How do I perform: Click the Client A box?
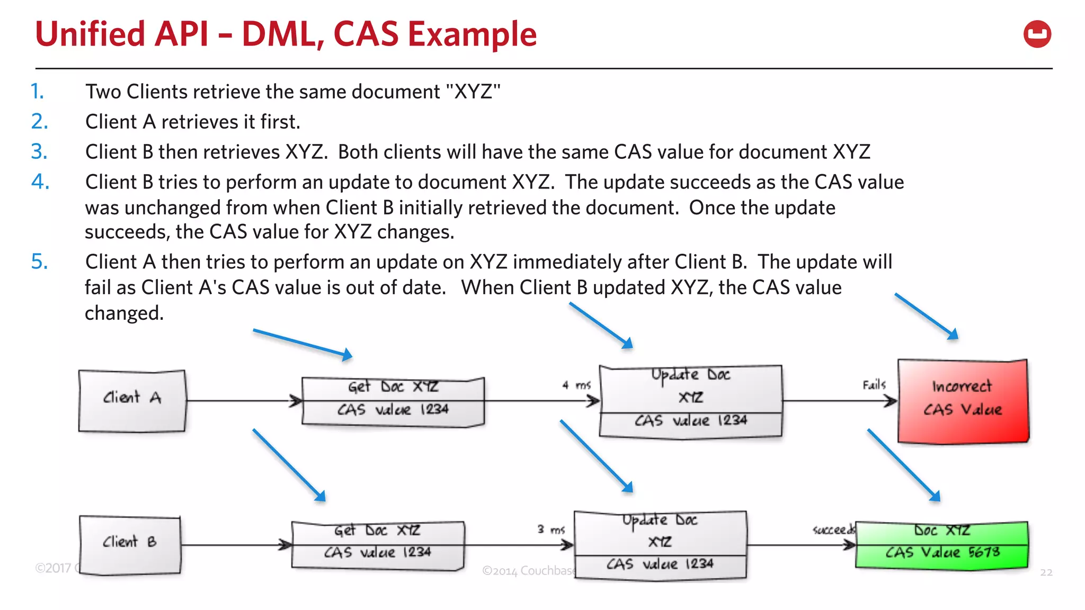[132, 401]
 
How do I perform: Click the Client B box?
[130, 545]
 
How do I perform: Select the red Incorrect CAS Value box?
[963, 401]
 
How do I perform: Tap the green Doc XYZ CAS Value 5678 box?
[941, 545]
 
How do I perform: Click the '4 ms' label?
[576, 385]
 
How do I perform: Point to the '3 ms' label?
[551, 529]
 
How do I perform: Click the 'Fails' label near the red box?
[874, 385]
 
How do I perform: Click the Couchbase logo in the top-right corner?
[1037, 34]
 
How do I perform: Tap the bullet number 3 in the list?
[39, 152]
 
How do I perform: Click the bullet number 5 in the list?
[39, 262]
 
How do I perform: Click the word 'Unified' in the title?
[90, 34]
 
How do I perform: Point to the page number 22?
[1046, 572]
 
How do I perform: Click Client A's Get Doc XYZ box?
[393, 401]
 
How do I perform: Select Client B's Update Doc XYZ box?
[660, 545]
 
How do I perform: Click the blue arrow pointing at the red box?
[926, 316]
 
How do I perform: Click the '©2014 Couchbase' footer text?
[528, 570]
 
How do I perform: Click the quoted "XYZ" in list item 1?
[473, 92]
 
